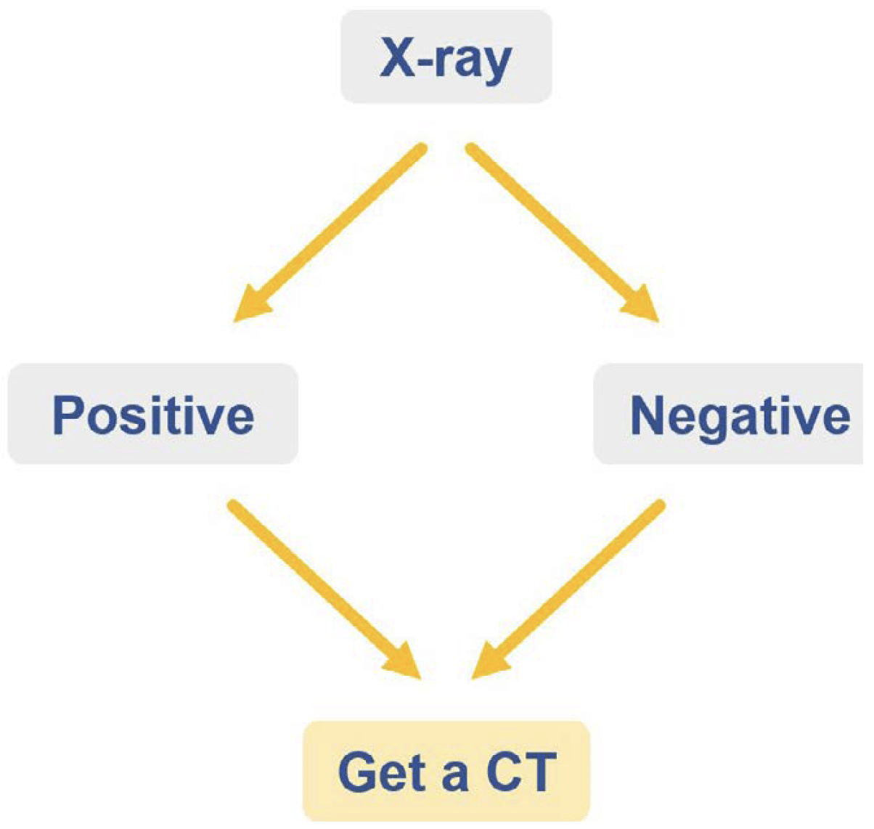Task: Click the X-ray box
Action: (446, 57)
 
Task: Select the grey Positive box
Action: (152, 414)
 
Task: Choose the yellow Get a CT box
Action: (446, 771)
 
